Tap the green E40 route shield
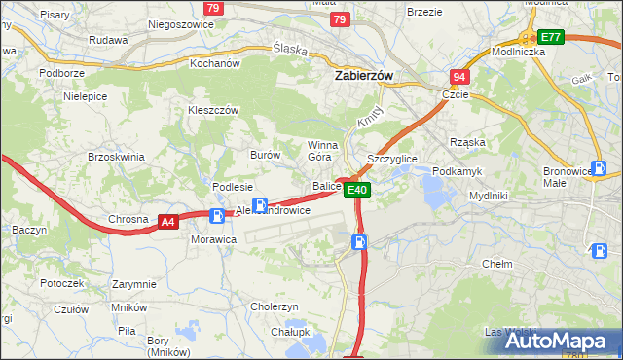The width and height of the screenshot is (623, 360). click(358, 190)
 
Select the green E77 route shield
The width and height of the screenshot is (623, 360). click(551, 37)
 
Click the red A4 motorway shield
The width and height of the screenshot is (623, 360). click(168, 222)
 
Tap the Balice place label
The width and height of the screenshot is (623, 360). click(325, 185)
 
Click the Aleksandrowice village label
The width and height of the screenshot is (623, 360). click(274, 210)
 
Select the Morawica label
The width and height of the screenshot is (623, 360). click(214, 239)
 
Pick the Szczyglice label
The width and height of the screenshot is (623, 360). click(392, 158)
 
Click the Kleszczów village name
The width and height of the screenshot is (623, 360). click(213, 111)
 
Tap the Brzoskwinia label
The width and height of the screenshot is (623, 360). click(116, 156)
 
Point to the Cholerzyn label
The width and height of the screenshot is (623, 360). click(274, 306)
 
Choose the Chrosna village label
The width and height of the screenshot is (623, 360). click(128, 220)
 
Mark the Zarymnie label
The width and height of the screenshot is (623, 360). click(134, 284)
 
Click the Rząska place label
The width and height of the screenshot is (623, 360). click(467, 142)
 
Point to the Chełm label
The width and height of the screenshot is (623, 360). click(497, 264)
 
